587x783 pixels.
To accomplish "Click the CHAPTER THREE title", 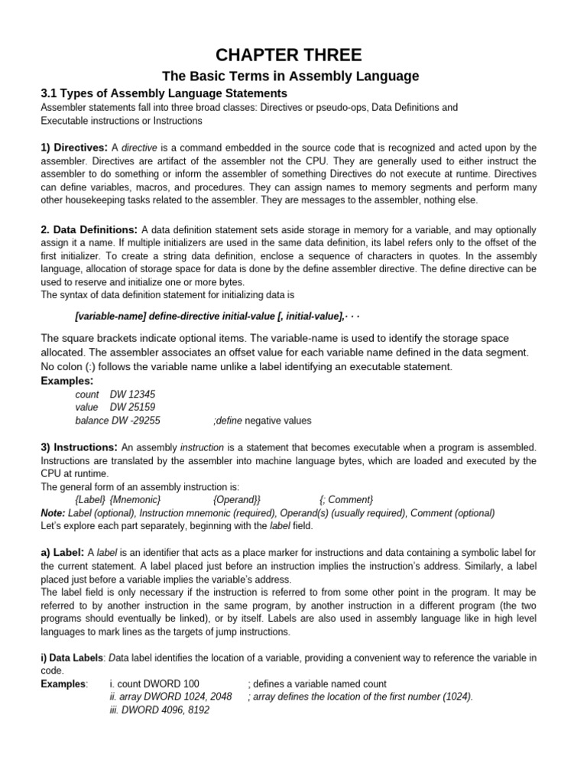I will coord(293,54).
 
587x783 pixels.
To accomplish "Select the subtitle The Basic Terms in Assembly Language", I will coord(293,76).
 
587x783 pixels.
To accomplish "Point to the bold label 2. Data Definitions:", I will coord(89,229).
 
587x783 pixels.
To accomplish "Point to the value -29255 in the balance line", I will coord(142,421).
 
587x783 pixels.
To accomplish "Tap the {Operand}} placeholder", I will coord(237,499).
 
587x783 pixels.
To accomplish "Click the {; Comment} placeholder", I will coord(346,499).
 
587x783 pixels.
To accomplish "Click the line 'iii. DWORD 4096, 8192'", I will coord(160,710).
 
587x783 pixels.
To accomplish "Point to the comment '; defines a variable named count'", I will coord(317,684).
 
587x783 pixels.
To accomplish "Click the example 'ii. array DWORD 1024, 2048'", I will coord(171,697).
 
